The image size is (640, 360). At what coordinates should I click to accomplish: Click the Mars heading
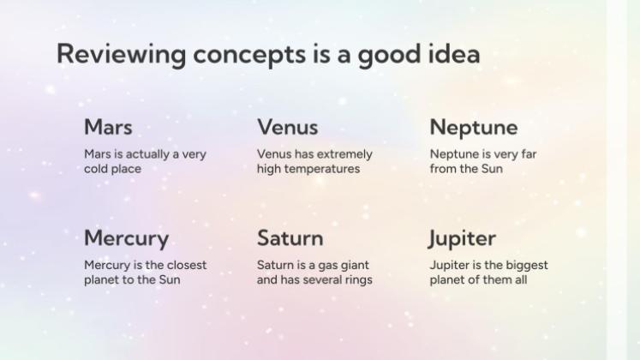(108, 127)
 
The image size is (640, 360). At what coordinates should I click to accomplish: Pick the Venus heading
(287, 127)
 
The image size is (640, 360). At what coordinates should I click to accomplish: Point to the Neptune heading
(474, 128)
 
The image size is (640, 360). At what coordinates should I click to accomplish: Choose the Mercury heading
(127, 239)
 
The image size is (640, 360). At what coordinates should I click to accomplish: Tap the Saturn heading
(290, 238)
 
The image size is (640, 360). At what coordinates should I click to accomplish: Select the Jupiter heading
(462, 239)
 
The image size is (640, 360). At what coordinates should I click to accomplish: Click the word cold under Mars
(95, 169)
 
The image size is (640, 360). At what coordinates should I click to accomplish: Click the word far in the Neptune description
(528, 154)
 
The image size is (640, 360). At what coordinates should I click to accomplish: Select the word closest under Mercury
(186, 266)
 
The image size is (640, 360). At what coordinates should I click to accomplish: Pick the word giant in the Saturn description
(355, 266)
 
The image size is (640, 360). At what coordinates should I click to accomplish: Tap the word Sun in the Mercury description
(170, 280)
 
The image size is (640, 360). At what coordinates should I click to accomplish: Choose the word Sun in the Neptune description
(492, 169)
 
